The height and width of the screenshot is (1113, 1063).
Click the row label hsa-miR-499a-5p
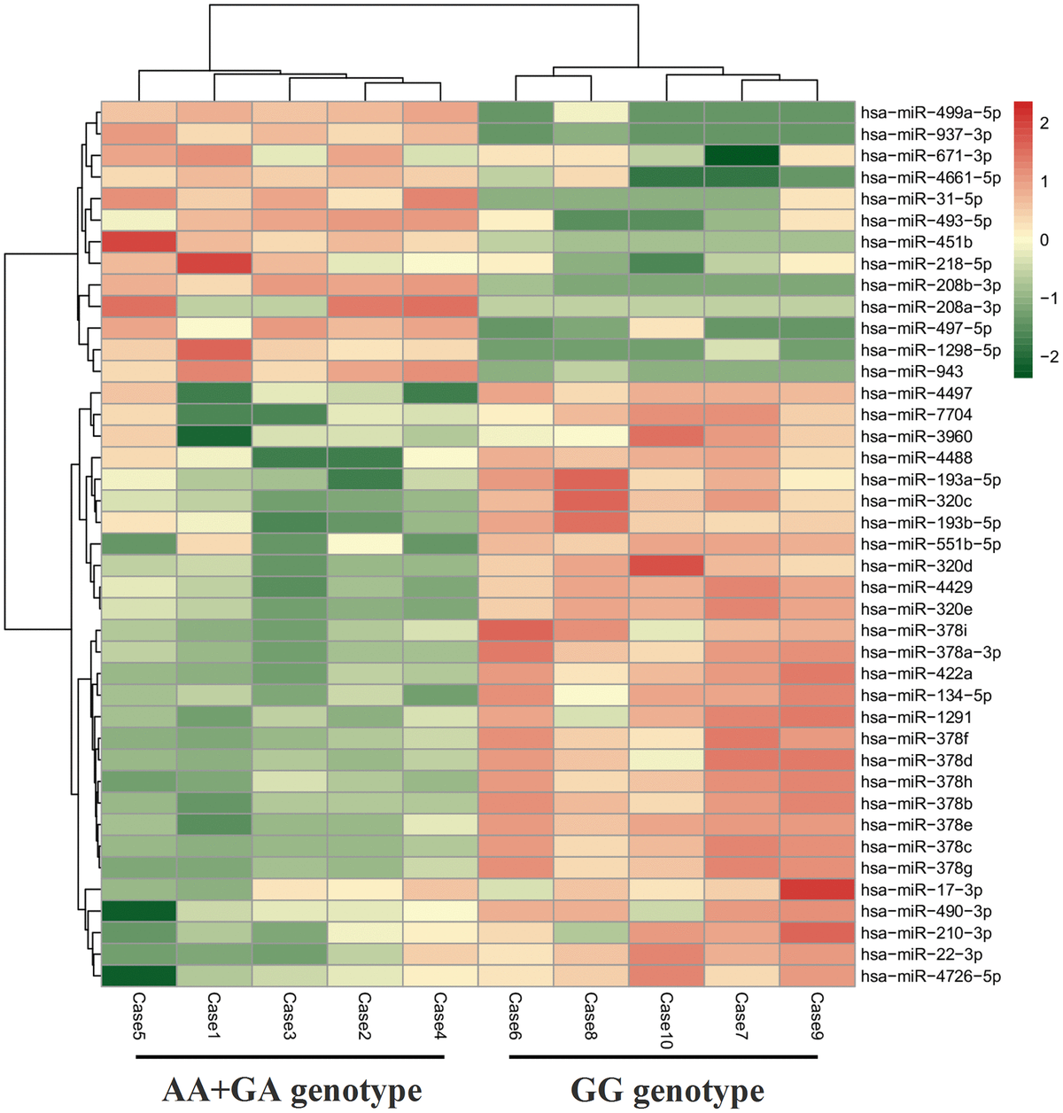coord(930,113)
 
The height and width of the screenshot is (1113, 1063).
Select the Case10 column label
coord(666,1020)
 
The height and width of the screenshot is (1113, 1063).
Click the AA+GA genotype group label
coord(291,1089)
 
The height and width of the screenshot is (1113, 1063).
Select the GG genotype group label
coord(667,1089)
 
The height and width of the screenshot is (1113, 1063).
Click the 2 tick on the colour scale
coord(1044,124)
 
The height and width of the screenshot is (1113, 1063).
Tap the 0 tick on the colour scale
coord(1044,240)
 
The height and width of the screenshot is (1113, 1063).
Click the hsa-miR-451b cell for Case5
coord(139,242)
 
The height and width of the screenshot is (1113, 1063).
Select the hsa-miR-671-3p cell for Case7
coord(742,156)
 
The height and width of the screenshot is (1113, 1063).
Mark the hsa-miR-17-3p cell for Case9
coord(818,890)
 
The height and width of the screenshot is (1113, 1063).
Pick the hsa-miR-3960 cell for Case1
coord(214,436)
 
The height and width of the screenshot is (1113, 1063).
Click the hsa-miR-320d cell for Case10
coord(667,565)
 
